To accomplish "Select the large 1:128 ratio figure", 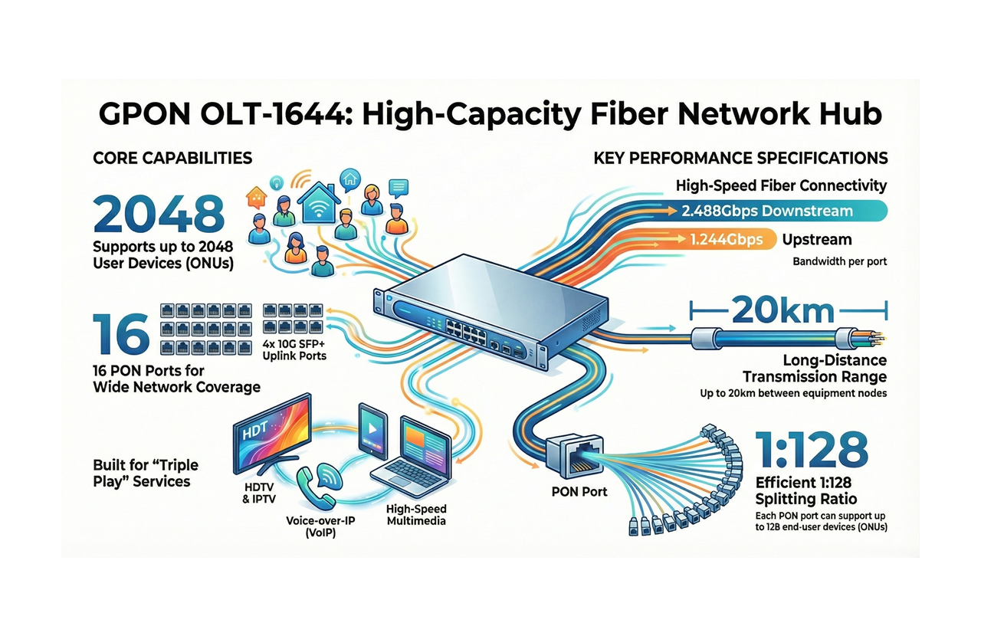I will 812,450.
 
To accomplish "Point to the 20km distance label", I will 783,310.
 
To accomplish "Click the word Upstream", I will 817,240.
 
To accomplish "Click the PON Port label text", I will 579,491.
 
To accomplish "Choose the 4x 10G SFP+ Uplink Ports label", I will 295,349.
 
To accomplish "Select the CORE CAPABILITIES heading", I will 172,158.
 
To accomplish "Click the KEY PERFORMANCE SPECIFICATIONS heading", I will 740,158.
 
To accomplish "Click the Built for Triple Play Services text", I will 146,474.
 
